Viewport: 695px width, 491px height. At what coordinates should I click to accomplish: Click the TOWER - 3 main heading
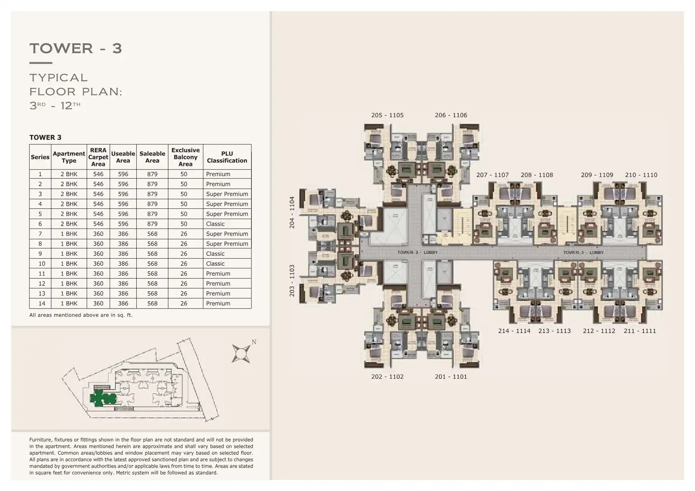click(x=76, y=48)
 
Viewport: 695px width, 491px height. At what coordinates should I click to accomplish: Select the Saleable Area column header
click(x=152, y=157)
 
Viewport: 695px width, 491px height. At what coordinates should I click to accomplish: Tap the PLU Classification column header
click(x=227, y=157)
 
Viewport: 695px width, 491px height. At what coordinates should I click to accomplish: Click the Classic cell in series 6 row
click(x=216, y=224)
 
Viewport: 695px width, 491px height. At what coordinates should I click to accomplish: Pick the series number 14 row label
click(x=40, y=303)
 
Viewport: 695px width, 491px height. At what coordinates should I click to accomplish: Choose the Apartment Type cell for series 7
click(x=69, y=234)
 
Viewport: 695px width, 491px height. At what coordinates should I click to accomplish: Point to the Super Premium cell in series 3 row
click(x=227, y=194)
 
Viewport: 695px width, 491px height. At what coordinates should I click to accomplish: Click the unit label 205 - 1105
click(x=387, y=115)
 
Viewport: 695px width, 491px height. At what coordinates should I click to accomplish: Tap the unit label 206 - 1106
click(x=451, y=115)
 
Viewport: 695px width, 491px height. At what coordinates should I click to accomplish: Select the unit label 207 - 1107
click(x=492, y=175)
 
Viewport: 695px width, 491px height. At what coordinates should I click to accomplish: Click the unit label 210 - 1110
click(x=641, y=175)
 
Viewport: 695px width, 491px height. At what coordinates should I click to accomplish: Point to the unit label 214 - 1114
click(x=514, y=331)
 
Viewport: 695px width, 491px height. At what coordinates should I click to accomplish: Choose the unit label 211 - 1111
click(x=640, y=331)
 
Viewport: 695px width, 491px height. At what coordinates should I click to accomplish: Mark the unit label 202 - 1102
click(x=387, y=377)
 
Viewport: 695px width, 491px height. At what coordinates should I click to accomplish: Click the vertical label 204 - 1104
click(x=292, y=212)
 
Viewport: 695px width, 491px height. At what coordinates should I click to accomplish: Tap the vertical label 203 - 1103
click(x=292, y=281)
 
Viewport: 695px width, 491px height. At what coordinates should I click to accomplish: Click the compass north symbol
click(x=241, y=353)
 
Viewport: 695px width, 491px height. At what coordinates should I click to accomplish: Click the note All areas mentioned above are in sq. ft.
click(x=81, y=315)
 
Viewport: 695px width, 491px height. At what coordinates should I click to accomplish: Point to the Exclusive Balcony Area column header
click(x=185, y=157)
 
